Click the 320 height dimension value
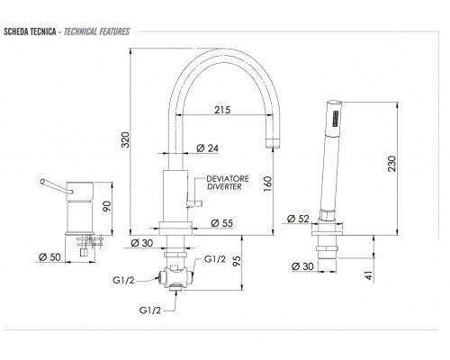(125, 139)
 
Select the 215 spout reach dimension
(222, 110)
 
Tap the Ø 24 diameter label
(207, 148)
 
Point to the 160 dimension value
(267, 184)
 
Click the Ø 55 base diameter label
(221, 223)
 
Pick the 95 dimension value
(237, 261)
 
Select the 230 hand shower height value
(391, 164)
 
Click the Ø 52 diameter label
(298, 219)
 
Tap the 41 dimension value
(369, 275)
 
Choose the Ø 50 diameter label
(49, 256)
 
